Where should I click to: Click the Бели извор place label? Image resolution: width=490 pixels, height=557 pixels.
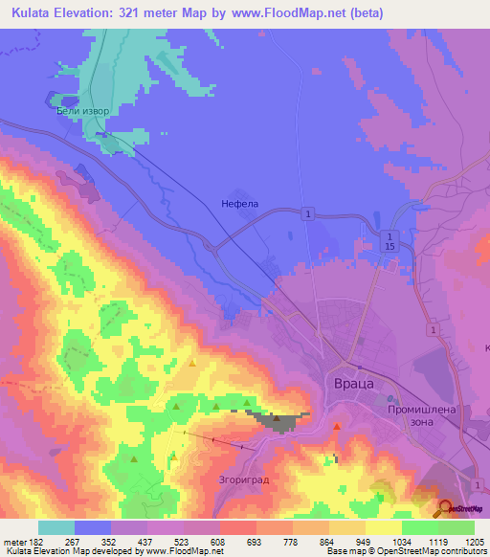[83, 111]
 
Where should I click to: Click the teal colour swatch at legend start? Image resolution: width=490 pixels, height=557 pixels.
[56, 528]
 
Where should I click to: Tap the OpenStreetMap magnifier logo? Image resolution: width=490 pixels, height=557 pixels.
[445, 506]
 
